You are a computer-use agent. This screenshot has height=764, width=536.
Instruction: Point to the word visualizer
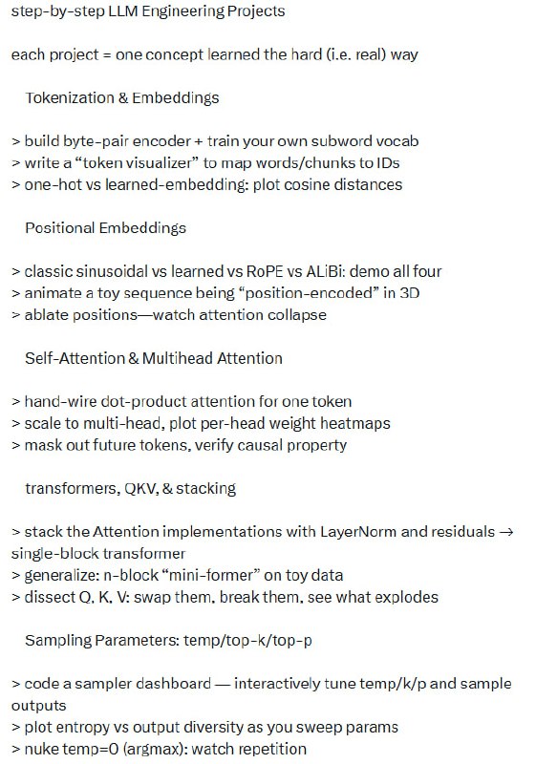tap(163, 162)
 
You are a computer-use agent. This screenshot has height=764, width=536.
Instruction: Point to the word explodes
tap(404, 597)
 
